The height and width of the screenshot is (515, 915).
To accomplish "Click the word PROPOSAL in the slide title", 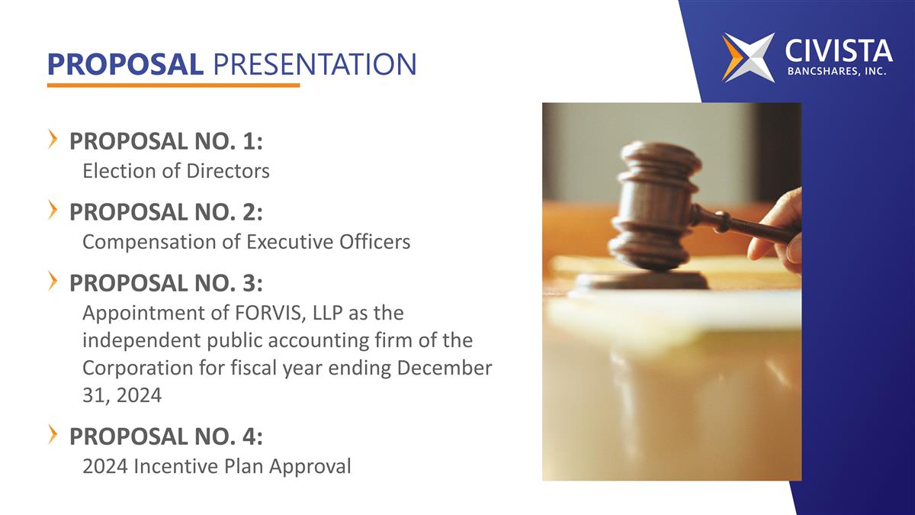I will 125,65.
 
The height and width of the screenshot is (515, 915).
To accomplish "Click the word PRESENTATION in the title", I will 314,65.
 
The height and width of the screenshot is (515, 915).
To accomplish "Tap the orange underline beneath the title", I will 173,85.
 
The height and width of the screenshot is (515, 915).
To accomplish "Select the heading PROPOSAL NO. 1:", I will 166,142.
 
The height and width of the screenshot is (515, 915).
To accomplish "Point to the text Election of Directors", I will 175,171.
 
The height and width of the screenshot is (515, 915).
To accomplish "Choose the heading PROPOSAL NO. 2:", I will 166,213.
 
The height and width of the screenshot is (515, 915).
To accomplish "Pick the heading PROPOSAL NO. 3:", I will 166,284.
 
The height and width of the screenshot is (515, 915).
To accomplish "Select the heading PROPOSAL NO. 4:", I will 166,437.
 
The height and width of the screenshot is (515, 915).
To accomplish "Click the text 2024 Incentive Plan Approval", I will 217,466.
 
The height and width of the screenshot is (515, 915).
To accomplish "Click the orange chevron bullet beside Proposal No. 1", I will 53,139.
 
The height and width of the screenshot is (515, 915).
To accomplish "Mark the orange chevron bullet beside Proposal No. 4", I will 53,434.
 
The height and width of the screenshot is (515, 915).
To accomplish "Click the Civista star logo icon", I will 748,57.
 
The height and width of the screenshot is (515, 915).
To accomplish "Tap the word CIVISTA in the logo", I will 838,51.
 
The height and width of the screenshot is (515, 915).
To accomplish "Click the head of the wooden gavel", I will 655,202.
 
